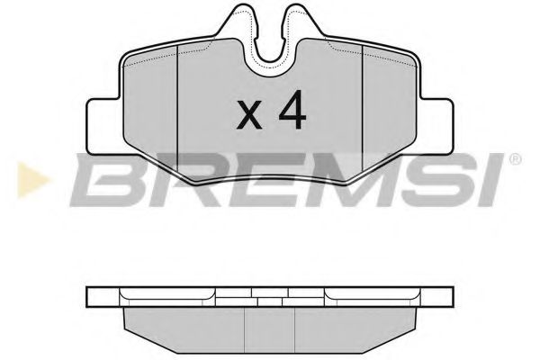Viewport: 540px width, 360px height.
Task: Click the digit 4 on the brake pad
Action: [292, 110]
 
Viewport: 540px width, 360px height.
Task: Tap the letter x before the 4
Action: [249, 116]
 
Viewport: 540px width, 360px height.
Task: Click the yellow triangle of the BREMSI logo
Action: [32, 180]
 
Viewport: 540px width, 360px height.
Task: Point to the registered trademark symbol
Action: [515, 159]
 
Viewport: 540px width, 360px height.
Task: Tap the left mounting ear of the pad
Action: [104, 126]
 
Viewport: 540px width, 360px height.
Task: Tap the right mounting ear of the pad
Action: [435, 126]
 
